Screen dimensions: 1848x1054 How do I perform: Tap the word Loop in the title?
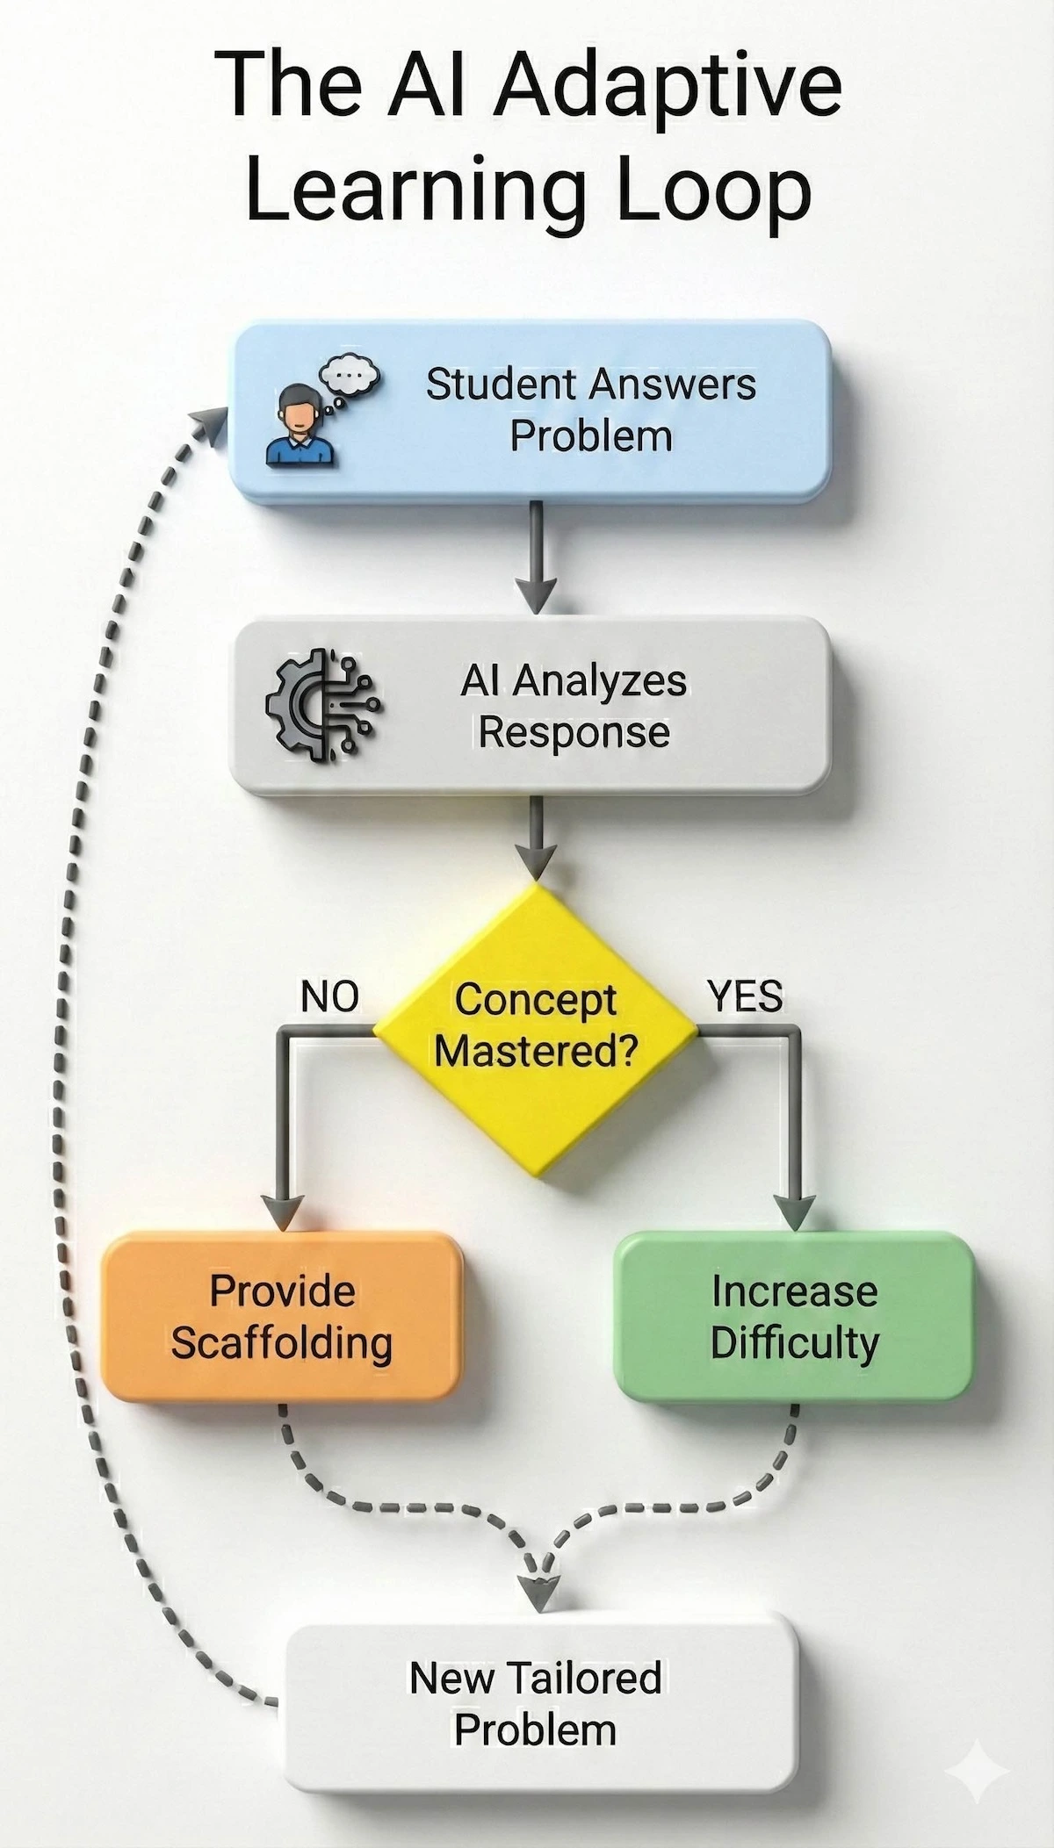(x=711, y=191)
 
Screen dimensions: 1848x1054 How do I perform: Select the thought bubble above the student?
(x=349, y=377)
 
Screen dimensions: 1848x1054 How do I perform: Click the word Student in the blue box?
(x=502, y=385)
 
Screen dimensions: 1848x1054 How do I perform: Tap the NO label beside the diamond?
(x=329, y=996)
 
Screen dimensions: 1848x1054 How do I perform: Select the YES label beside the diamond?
(x=745, y=996)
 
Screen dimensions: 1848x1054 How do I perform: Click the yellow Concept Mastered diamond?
(x=536, y=1027)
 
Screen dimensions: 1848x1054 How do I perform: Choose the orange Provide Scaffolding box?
(x=281, y=1316)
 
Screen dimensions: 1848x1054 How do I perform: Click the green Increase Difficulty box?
(x=794, y=1316)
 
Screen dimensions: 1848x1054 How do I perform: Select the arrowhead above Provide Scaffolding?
(x=282, y=1212)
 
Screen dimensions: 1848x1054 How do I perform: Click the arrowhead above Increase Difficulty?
(x=796, y=1212)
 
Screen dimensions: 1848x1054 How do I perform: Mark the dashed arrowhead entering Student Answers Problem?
(x=212, y=422)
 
